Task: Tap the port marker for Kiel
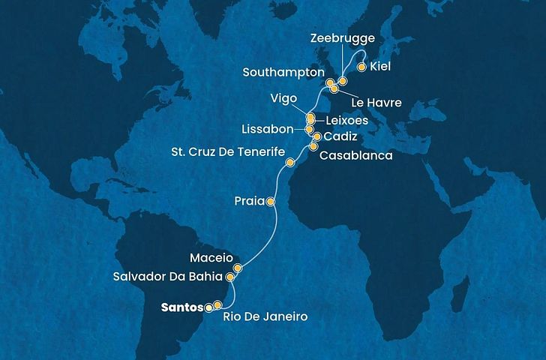(361, 67)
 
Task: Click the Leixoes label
(343, 120)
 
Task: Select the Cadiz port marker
(316, 137)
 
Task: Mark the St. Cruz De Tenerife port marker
(289, 162)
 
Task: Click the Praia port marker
(271, 202)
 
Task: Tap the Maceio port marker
(238, 268)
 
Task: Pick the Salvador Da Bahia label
(169, 277)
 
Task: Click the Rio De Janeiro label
(266, 318)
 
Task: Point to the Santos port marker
(208, 307)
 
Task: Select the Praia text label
(248, 202)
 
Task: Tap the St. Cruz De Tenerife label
(226, 152)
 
